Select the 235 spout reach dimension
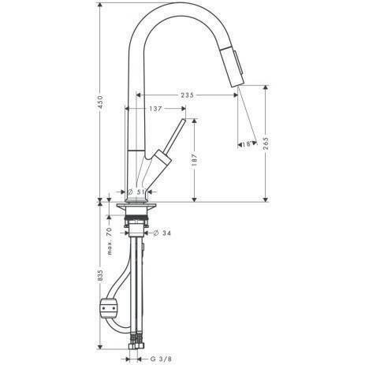click(x=186, y=95)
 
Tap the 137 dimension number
click(x=158, y=109)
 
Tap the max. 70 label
click(x=109, y=239)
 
